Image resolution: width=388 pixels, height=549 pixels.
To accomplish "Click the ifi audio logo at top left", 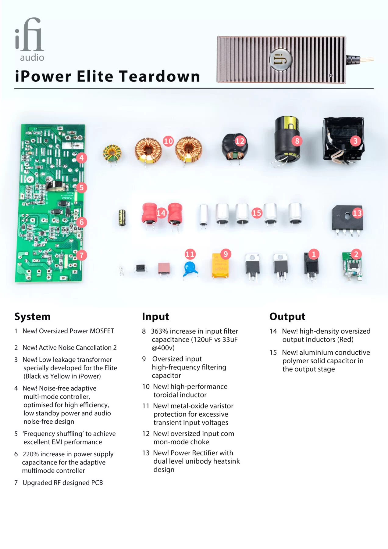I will [30, 39].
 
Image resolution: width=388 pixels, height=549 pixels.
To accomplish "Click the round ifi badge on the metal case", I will [281, 59].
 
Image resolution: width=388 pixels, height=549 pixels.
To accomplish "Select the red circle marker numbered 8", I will [297, 141].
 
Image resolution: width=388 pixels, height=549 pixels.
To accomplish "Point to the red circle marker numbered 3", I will [355, 141].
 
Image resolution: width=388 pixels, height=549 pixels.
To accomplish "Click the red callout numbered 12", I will [240, 141].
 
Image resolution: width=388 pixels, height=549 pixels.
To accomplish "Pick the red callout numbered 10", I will [168, 141].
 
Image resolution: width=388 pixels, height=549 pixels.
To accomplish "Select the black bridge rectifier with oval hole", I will [347, 218].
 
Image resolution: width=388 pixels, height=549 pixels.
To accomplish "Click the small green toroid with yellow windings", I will [112, 153].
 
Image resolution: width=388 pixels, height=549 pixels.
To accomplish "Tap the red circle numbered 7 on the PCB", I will [81, 255].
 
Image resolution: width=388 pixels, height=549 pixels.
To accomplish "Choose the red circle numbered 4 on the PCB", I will [81, 158].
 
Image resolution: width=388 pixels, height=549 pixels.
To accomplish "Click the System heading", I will [32, 317].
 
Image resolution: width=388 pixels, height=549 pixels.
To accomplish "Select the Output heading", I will [287, 317].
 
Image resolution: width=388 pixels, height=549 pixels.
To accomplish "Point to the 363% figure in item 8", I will [159, 331].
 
